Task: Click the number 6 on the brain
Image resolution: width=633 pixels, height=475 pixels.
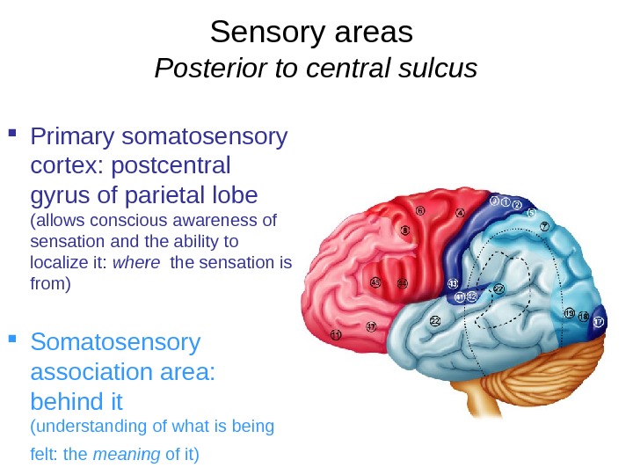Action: click(420, 210)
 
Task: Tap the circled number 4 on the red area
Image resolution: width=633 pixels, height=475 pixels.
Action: click(460, 213)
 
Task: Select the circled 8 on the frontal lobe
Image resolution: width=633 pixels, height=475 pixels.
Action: click(405, 230)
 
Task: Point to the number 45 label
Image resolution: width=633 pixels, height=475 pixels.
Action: click(375, 282)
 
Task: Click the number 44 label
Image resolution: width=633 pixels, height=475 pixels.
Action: click(402, 283)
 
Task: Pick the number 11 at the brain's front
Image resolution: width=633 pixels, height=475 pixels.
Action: click(335, 335)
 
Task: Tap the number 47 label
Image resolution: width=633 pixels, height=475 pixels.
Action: click(371, 326)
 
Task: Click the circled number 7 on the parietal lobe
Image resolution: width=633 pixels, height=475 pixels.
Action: click(544, 226)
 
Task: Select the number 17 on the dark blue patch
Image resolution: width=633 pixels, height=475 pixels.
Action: click(599, 323)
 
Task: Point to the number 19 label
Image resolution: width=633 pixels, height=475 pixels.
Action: click(570, 313)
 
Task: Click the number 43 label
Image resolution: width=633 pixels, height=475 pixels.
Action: click(453, 283)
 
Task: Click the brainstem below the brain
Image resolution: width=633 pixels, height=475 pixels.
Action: click(480, 401)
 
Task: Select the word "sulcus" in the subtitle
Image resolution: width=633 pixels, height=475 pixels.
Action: click(436, 68)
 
